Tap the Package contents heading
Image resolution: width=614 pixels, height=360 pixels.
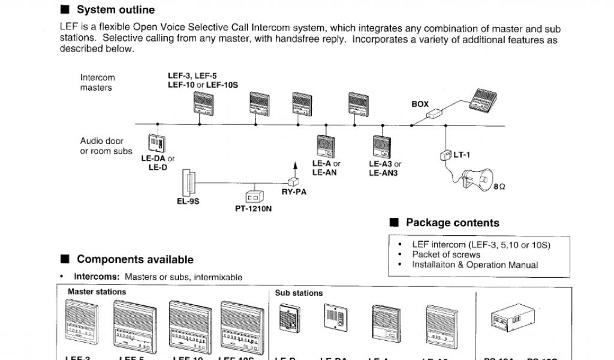point(452,223)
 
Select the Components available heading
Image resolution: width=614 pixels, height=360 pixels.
point(135,260)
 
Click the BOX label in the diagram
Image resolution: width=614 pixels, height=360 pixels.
point(420,104)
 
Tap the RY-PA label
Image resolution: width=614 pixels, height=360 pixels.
point(294,192)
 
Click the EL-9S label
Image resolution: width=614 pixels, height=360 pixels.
point(188,202)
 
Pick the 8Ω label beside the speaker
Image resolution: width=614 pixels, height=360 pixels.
point(499,187)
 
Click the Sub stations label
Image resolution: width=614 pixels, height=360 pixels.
point(299,293)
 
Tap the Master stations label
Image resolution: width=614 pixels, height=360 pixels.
point(97,292)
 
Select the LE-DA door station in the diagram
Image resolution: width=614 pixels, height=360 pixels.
point(157,143)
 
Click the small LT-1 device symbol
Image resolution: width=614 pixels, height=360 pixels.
point(445,155)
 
